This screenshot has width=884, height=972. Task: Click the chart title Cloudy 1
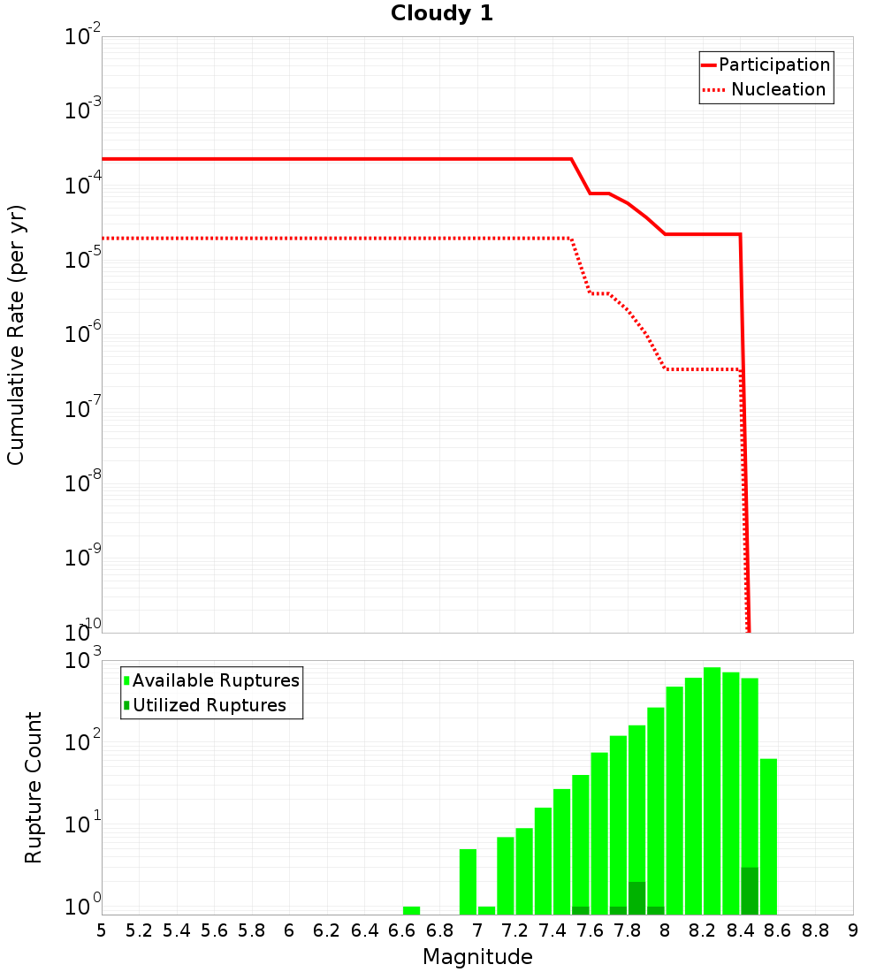pos(442,14)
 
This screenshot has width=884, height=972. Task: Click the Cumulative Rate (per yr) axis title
pos(16,335)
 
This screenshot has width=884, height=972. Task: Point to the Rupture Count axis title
pos(34,787)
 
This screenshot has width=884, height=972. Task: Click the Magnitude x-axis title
pos(477,957)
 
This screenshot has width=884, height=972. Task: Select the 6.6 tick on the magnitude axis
pos(402,930)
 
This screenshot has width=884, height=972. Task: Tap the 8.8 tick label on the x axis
pos(815,930)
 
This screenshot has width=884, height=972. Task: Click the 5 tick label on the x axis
pos(102,930)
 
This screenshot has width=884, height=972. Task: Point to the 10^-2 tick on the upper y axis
pos(83,38)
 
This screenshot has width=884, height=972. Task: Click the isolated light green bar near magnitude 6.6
pos(411,910)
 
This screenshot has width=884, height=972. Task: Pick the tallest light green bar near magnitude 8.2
pos(712,791)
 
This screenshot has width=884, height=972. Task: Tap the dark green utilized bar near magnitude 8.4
pos(750,891)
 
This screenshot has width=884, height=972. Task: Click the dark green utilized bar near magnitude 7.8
pos(636,898)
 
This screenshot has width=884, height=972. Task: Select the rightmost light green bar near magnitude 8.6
pos(768,836)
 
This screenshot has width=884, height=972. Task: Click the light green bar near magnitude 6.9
pos(468,882)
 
